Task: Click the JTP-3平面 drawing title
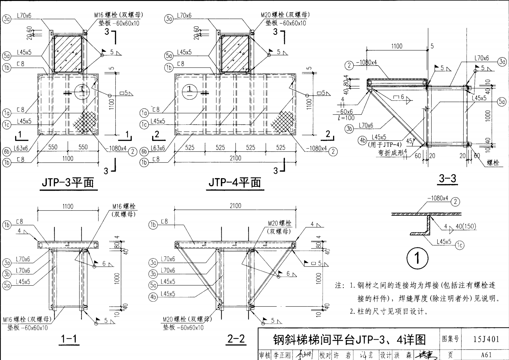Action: pyautogui.click(x=68, y=183)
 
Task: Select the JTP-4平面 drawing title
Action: pyautogui.click(x=235, y=183)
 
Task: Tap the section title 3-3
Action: pyautogui.click(x=447, y=178)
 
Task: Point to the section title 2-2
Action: pyautogui.click(x=236, y=339)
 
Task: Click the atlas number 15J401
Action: pyautogui.click(x=486, y=339)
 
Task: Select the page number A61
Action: pyautogui.click(x=486, y=355)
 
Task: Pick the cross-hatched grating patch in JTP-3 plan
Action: pyautogui.click(x=85, y=122)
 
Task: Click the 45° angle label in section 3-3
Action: pyautogui.click(x=410, y=141)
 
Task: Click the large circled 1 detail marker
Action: pyautogui.click(x=417, y=258)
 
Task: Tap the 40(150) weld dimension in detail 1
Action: pyautogui.click(x=465, y=226)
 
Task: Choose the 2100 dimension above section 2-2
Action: pyautogui.click(x=235, y=206)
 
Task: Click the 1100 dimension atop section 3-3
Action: pyautogui.click(x=397, y=46)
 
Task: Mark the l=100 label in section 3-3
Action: pyautogui.click(x=346, y=118)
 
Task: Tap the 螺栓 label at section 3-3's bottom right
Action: pyautogui.click(x=493, y=163)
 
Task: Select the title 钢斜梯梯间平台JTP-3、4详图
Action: pyautogui.click(x=349, y=340)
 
